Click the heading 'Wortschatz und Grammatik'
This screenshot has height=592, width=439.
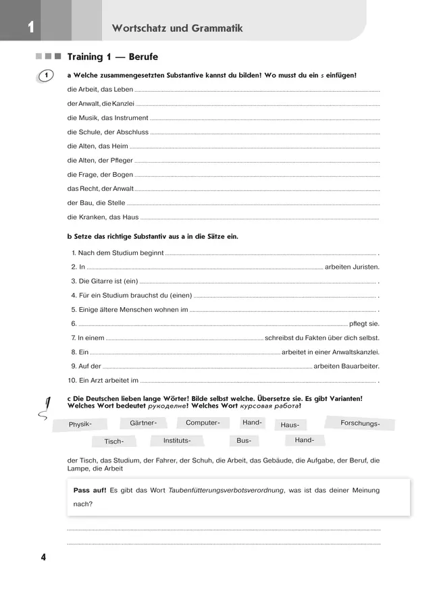point(177,28)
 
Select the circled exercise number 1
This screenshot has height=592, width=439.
point(45,76)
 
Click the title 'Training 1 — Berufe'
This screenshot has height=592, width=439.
point(112,57)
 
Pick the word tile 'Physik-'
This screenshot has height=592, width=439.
point(80,425)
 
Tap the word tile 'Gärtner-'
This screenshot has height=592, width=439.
point(143,423)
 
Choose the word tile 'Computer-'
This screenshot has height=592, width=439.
point(203,423)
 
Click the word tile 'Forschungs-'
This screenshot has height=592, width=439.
point(359,423)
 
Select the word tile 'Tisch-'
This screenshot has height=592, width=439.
point(114,441)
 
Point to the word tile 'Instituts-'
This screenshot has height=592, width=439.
point(178,440)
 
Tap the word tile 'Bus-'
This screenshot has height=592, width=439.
point(244,441)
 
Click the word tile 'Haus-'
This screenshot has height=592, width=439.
point(290,425)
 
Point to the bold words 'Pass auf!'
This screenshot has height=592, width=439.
point(90,490)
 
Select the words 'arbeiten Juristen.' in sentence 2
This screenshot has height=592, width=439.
point(352,267)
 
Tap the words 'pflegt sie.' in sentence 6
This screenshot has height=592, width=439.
point(364,323)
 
